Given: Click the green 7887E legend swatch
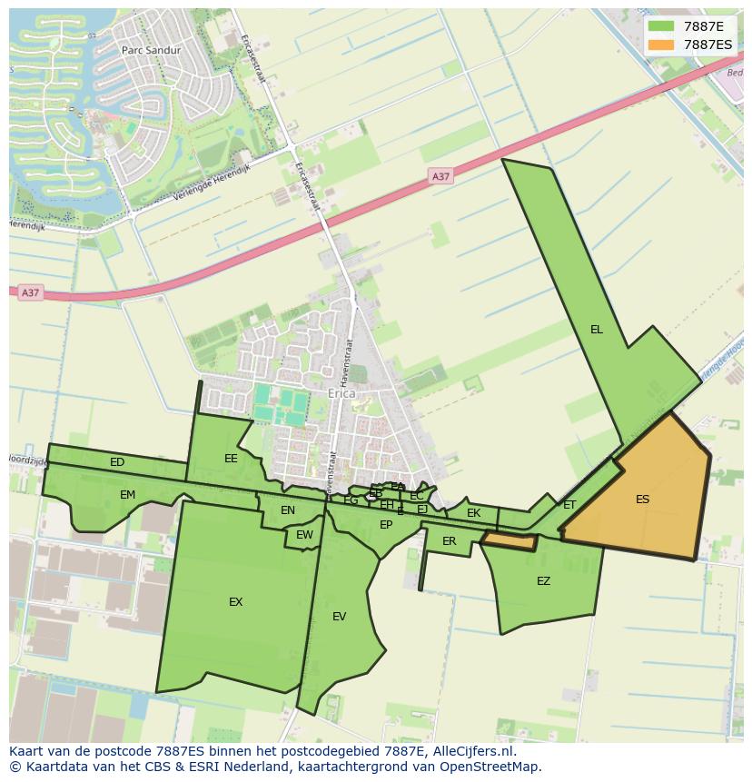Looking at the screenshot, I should click(x=661, y=26).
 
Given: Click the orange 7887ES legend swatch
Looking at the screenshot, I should click(x=661, y=45).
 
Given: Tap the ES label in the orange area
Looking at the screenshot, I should click(x=642, y=500).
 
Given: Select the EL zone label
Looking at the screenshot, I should click(x=596, y=330).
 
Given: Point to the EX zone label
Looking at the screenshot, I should click(x=235, y=602).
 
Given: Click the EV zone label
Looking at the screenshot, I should click(x=339, y=617).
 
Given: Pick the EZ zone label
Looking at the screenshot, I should click(x=543, y=581).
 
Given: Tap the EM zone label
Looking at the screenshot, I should click(x=127, y=495).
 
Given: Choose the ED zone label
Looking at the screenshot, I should click(x=117, y=462).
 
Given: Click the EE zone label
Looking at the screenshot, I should click(x=231, y=459).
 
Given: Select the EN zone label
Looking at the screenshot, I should click(x=288, y=510).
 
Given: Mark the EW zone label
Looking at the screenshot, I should click(x=304, y=535).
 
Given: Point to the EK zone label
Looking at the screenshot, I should click(x=473, y=513).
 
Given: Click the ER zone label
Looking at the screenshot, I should click(x=449, y=541).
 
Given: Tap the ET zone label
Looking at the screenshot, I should click(x=569, y=505).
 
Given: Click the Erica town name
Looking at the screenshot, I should click(x=341, y=394).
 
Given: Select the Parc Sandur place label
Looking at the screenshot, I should click(x=151, y=51).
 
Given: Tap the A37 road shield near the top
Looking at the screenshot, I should click(x=440, y=176).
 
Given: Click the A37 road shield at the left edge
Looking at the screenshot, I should click(x=31, y=292).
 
